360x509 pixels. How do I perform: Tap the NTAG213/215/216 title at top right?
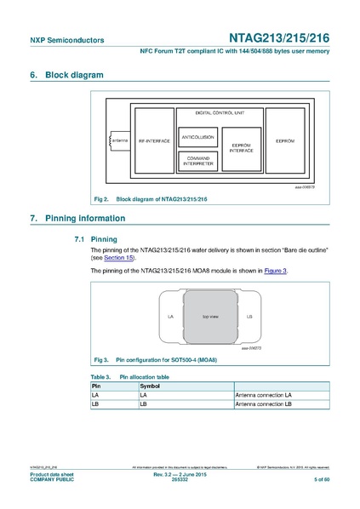tap(279, 38)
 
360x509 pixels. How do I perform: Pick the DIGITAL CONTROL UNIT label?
tap(220, 112)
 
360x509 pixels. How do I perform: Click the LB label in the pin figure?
tap(249, 316)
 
